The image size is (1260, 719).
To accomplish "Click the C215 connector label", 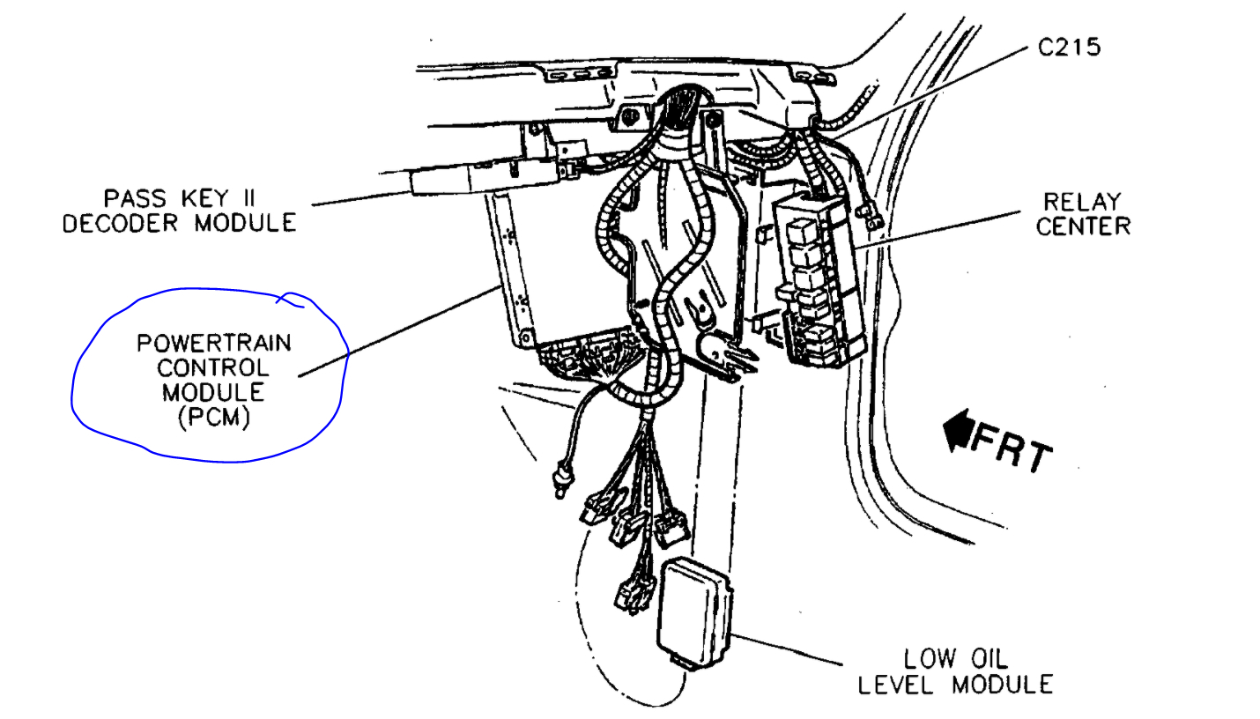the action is pos(1069,47).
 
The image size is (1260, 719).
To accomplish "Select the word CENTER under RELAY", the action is pos(1083,226).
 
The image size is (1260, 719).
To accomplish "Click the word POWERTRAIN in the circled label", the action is pos(214,342).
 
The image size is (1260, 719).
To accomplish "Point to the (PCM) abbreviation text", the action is pos(213,418).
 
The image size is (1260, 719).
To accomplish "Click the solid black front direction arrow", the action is pos(956,431).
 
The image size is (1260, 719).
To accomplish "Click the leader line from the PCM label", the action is pos(397,331).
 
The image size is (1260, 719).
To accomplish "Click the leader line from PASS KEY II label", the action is pos(361,198).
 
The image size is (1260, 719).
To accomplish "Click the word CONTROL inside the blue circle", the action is pos(213,367).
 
